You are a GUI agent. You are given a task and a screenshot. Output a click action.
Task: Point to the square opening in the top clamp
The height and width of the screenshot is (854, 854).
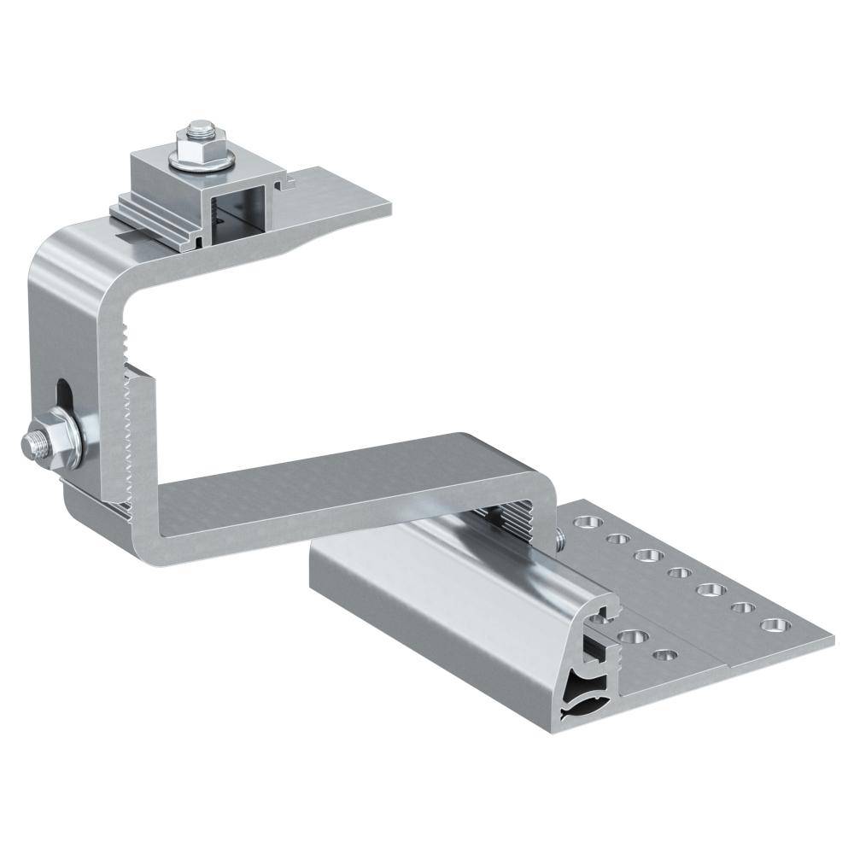point(238,213)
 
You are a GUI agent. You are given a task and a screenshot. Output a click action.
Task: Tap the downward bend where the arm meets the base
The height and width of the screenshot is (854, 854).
point(538,478)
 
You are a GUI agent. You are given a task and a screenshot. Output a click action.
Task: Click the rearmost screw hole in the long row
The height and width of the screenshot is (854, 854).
point(584,520)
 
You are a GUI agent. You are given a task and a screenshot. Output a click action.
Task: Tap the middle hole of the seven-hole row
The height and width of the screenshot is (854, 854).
point(678,572)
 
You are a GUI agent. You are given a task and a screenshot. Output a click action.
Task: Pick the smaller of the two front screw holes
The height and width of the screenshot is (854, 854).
point(665,656)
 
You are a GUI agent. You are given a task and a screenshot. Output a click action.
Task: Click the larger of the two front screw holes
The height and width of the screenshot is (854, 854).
point(633,635)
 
